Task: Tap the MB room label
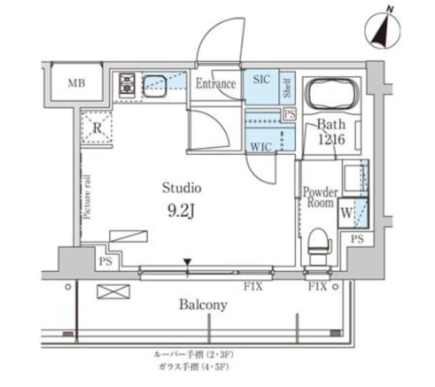click(x=75, y=84)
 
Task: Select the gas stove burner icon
click(x=126, y=84)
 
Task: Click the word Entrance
click(x=215, y=84)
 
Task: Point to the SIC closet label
click(x=261, y=80)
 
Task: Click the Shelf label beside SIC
click(x=287, y=86)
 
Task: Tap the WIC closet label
click(x=261, y=146)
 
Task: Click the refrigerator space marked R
click(x=97, y=127)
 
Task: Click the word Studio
click(x=181, y=187)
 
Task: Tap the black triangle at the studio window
click(x=188, y=263)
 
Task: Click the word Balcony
click(x=203, y=305)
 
